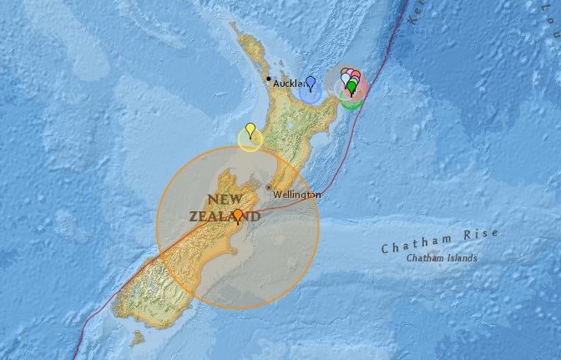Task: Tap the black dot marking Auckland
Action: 268,79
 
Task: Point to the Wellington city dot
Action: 268,187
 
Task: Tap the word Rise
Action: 482,235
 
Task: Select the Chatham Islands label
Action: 442,259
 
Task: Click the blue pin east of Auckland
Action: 311,82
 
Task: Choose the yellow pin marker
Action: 250,129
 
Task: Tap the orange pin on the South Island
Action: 238,216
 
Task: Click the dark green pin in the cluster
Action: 351,85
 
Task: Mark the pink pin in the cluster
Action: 356,77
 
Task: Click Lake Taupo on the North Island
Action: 288,125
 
